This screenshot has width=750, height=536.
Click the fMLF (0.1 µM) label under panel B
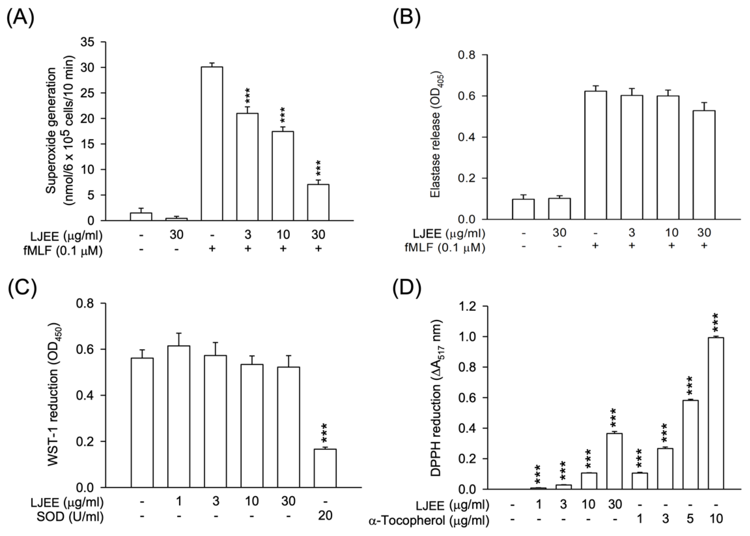point(444,247)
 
